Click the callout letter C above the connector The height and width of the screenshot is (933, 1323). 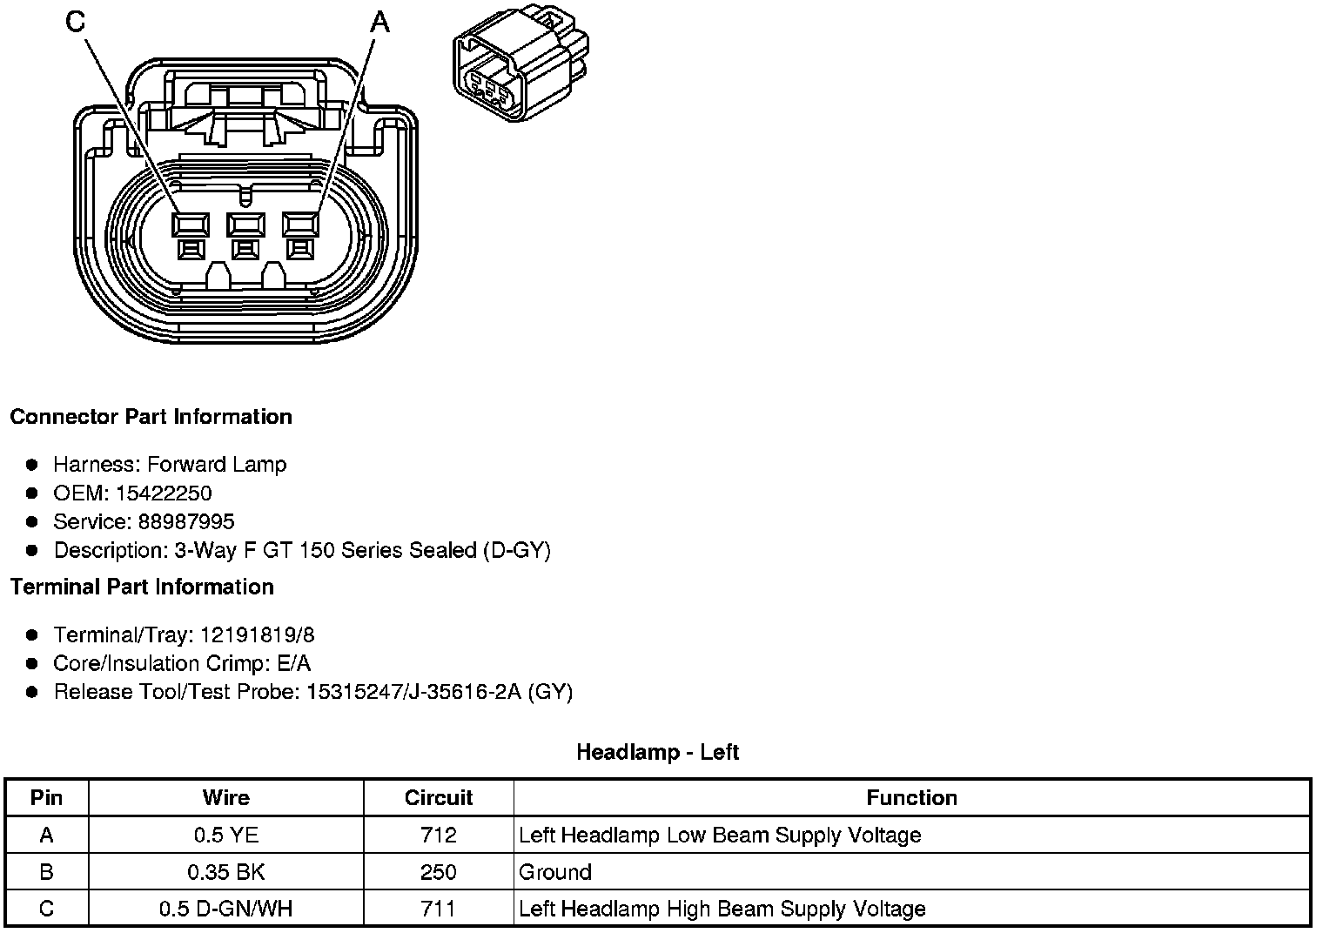pyautogui.click(x=76, y=22)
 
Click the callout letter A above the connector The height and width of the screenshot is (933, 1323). pyautogui.click(x=379, y=22)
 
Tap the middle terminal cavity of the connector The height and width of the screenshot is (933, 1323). pyautogui.click(x=245, y=225)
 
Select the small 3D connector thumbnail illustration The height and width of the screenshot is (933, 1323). pyautogui.click(x=520, y=64)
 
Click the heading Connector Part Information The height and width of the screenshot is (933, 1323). pyautogui.click(x=151, y=417)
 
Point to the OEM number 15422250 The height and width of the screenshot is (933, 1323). pyautogui.click(x=163, y=493)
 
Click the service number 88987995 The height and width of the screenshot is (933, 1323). pyautogui.click(x=186, y=522)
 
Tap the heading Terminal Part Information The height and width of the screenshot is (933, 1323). pyautogui.click(x=142, y=587)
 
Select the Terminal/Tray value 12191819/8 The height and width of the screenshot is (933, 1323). pyautogui.click(x=257, y=635)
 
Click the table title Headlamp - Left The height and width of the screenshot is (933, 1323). pyautogui.click(x=657, y=752)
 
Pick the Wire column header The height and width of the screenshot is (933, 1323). pyautogui.click(x=225, y=798)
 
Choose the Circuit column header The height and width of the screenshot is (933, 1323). pyautogui.click(x=438, y=798)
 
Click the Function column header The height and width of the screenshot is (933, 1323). pyautogui.click(x=911, y=798)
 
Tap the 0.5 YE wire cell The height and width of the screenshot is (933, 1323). pyautogui.click(x=225, y=836)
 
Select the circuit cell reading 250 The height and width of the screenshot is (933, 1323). pyautogui.click(x=438, y=872)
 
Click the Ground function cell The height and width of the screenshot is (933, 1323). pyautogui.click(x=555, y=872)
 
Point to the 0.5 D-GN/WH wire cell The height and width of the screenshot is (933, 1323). pyautogui.click(x=225, y=910)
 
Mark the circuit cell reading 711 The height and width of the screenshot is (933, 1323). pyautogui.click(x=438, y=910)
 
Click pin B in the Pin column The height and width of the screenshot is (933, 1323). pyautogui.click(x=46, y=872)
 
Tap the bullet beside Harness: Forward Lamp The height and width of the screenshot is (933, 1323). pyautogui.click(x=32, y=465)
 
